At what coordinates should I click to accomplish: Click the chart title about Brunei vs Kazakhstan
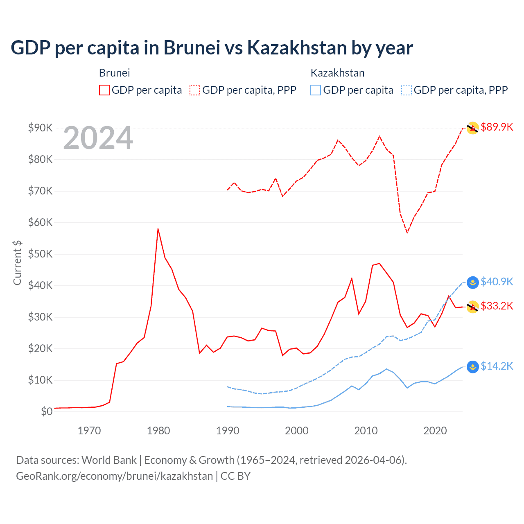coord(212,48)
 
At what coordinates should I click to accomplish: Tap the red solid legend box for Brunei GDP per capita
coord(104,90)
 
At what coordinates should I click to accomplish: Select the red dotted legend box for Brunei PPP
coord(195,90)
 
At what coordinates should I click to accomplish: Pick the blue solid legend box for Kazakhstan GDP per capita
coord(316,90)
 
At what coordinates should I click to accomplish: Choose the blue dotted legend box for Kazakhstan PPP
coord(407,90)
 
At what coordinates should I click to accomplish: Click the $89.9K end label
coord(497,127)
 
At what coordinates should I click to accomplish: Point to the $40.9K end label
coord(497,282)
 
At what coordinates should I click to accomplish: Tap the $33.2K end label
coord(497,306)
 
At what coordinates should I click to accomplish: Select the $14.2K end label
coord(497,366)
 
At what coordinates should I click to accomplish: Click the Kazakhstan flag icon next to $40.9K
coord(473,282)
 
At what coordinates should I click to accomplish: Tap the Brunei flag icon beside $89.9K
coord(473,128)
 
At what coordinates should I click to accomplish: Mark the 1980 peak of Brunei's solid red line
coord(158,229)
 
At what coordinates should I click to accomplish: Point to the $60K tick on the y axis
coord(41,222)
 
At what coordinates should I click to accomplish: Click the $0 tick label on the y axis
coord(47,411)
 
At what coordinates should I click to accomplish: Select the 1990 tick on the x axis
coord(228,431)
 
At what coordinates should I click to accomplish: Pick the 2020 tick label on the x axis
coord(435,431)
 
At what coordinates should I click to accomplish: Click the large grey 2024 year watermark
coord(98,138)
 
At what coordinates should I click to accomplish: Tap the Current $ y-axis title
coord(17,263)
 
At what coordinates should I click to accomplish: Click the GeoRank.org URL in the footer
coord(114,476)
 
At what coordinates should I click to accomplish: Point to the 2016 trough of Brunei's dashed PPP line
coord(407,233)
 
